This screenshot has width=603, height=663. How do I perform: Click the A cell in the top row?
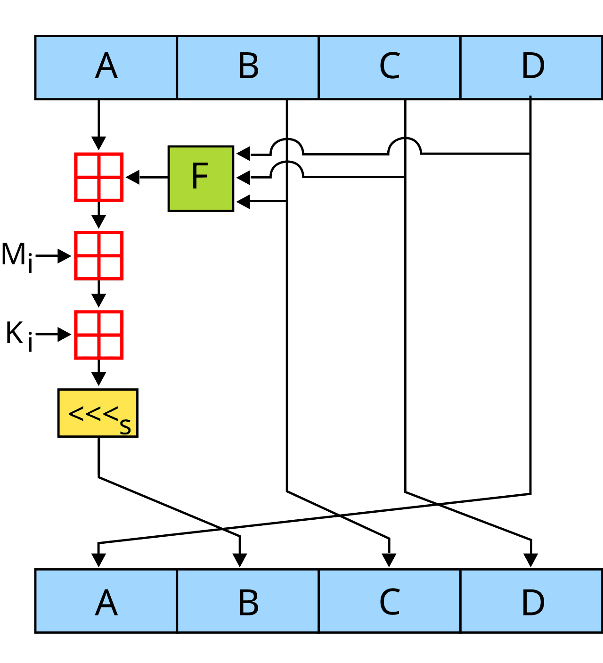[x=106, y=67]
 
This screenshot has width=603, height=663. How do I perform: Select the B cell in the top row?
[x=248, y=67]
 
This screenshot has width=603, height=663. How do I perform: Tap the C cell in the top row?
[x=390, y=67]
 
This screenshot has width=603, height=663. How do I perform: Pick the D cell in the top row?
[x=531, y=67]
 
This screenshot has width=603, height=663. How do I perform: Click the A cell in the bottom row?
[x=106, y=601]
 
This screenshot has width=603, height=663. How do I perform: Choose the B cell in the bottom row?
[x=248, y=601]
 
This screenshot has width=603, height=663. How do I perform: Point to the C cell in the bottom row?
[x=390, y=601]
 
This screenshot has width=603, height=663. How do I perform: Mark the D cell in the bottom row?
[x=531, y=601]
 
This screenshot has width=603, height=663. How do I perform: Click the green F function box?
[x=201, y=178]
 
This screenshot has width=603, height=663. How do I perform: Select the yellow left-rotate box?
[x=98, y=413]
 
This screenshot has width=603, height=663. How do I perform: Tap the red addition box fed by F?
[x=99, y=177]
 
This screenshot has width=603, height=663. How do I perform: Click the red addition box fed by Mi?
[x=99, y=256]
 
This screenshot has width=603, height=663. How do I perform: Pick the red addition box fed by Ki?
[x=99, y=335]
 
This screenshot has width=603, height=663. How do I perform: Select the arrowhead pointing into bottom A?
[x=98, y=560]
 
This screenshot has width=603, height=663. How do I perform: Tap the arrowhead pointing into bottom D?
[x=531, y=560]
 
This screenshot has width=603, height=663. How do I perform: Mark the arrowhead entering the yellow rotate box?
[x=98, y=379]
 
